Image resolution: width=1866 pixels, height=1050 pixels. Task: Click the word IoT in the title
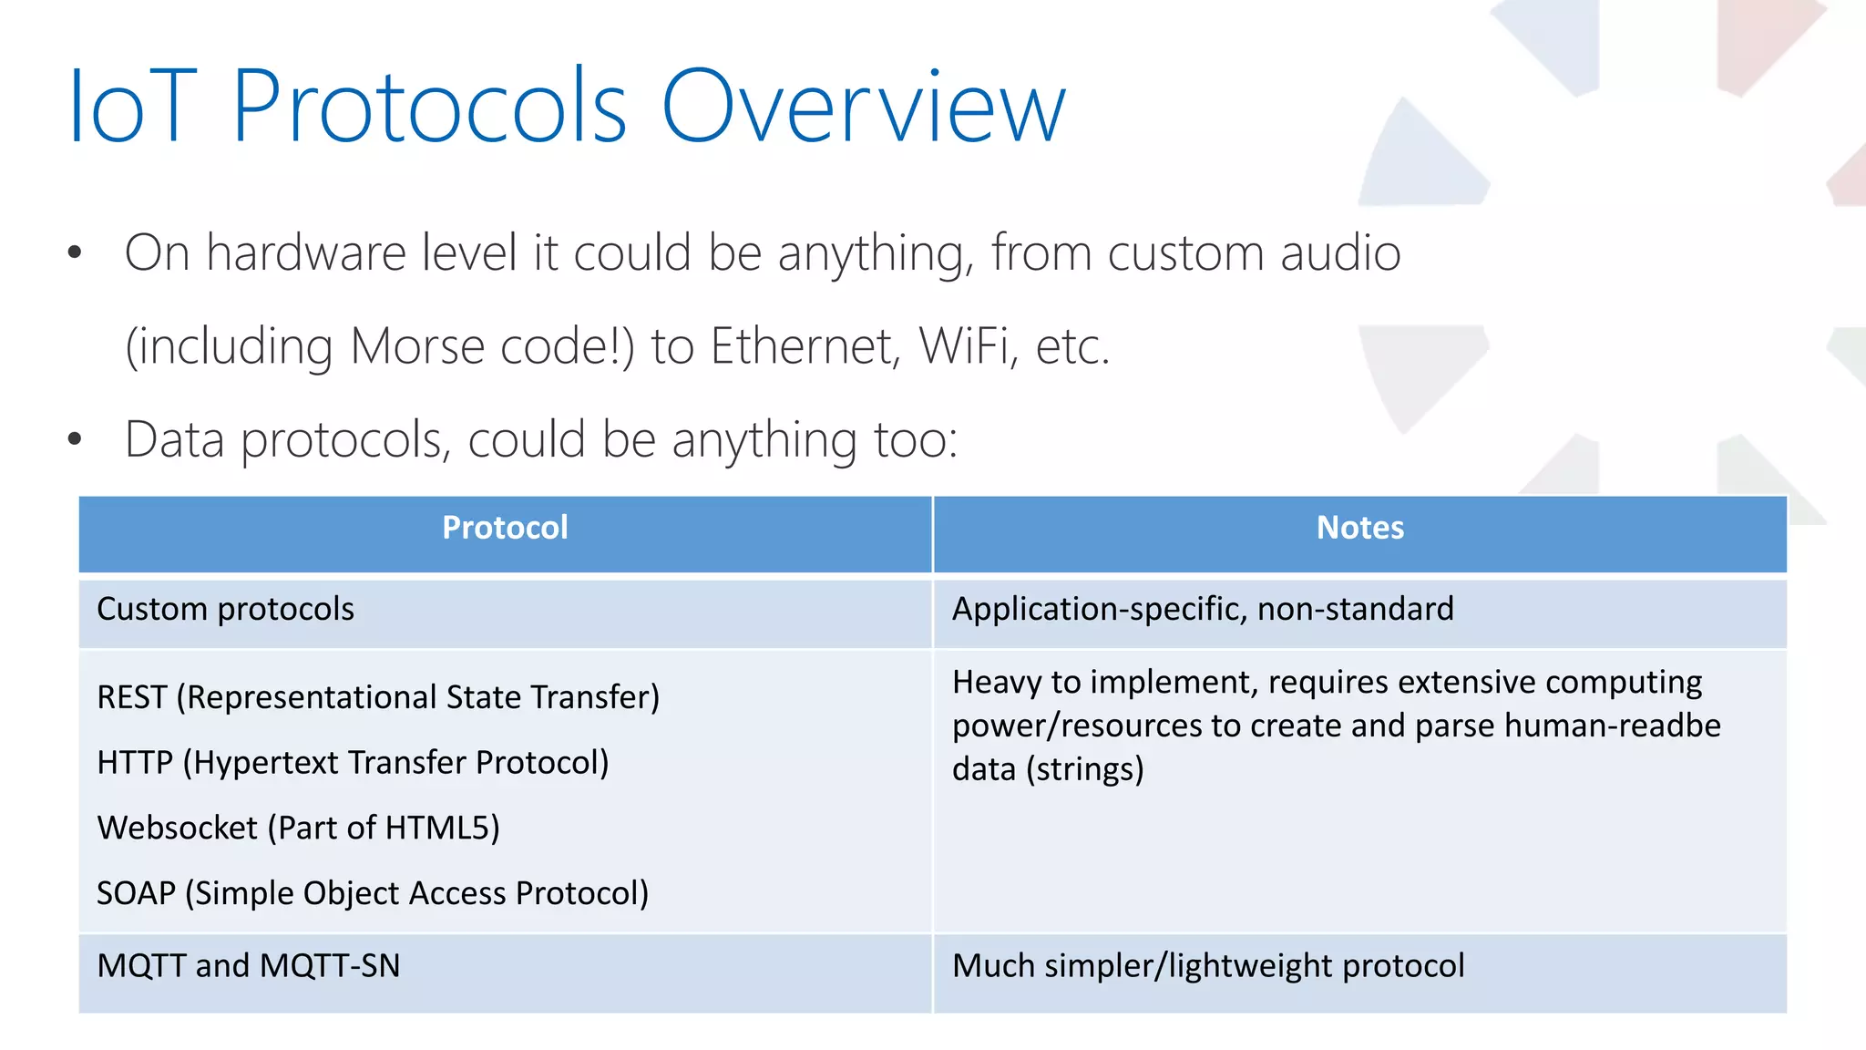click(133, 108)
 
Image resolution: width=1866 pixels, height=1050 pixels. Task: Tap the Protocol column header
click(505, 528)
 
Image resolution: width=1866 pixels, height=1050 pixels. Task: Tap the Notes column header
click(1359, 528)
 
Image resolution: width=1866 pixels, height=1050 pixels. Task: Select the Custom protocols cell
click(225, 609)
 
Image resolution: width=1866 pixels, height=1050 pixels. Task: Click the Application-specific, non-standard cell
click(1202, 609)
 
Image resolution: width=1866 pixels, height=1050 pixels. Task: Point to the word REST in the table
click(132, 697)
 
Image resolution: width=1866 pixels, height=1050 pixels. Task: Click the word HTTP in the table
click(135, 763)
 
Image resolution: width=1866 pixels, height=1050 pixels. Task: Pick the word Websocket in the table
click(178, 829)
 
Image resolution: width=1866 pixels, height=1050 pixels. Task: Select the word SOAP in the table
click(136, 893)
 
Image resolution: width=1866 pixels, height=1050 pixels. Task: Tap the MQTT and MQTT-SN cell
click(249, 966)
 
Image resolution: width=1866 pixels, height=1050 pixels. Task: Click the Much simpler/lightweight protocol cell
click(1207, 966)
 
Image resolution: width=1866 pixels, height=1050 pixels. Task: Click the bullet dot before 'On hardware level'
click(75, 252)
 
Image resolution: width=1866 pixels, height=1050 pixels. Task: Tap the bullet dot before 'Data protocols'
click(75, 439)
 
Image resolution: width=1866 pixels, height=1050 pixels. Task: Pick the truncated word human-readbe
click(1613, 726)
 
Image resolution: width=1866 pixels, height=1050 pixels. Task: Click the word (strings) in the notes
click(1084, 770)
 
